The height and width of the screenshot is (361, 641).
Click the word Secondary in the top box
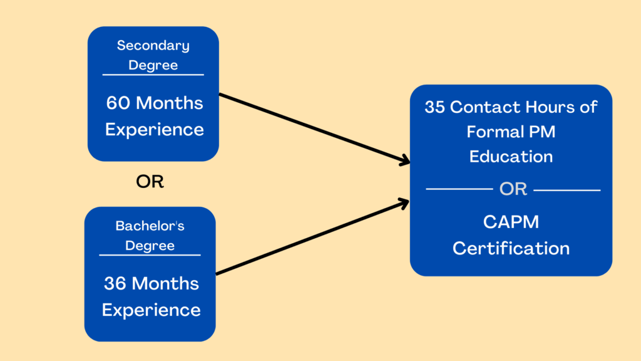pos(153,46)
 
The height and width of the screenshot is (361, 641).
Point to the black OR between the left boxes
pos(150,182)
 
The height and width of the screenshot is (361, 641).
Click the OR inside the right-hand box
pos(513,189)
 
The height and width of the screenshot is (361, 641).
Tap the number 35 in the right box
pos(435,107)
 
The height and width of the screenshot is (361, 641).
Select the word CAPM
pos(511,222)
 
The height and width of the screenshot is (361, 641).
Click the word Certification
pos(511,248)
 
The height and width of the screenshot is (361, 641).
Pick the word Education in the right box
pos(511,156)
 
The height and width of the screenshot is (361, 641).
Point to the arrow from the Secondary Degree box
pos(313,128)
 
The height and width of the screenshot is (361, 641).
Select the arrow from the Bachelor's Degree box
pos(313,238)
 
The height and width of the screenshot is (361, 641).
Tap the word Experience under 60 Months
pos(154,130)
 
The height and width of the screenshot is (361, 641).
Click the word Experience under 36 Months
pos(151,310)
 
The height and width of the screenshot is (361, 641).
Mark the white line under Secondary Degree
pos(153,75)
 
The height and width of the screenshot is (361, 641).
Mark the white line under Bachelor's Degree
pos(150,255)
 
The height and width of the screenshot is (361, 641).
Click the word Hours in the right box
pos(549,107)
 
